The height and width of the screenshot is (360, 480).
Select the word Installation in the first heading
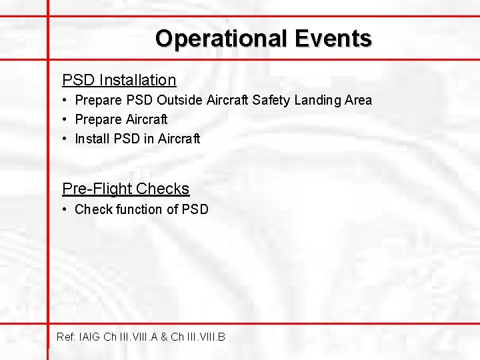(x=138, y=81)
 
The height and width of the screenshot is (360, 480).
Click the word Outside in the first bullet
(x=179, y=101)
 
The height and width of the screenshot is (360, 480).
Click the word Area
(x=359, y=101)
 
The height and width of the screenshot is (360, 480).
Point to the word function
(x=139, y=210)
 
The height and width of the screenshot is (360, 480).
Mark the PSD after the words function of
(x=195, y=210)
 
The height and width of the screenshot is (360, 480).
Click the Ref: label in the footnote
(x=67, y=337)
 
